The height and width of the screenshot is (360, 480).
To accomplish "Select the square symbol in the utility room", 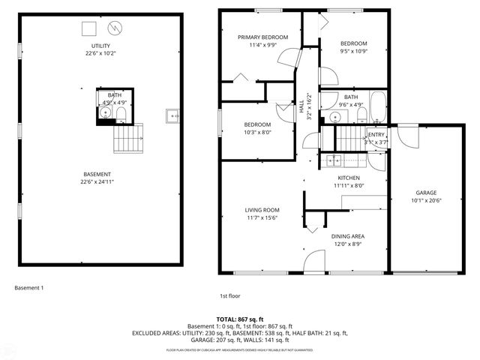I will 89,28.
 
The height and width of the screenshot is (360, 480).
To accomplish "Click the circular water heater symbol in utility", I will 115,29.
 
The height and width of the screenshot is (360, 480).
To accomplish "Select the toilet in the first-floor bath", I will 361,114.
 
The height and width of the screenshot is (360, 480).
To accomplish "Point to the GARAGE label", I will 426,193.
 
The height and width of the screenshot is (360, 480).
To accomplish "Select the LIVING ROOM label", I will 262,210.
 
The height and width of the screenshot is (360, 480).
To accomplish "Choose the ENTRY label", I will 376,134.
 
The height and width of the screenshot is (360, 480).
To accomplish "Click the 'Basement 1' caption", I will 29,287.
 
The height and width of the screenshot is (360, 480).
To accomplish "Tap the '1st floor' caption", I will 229,295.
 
